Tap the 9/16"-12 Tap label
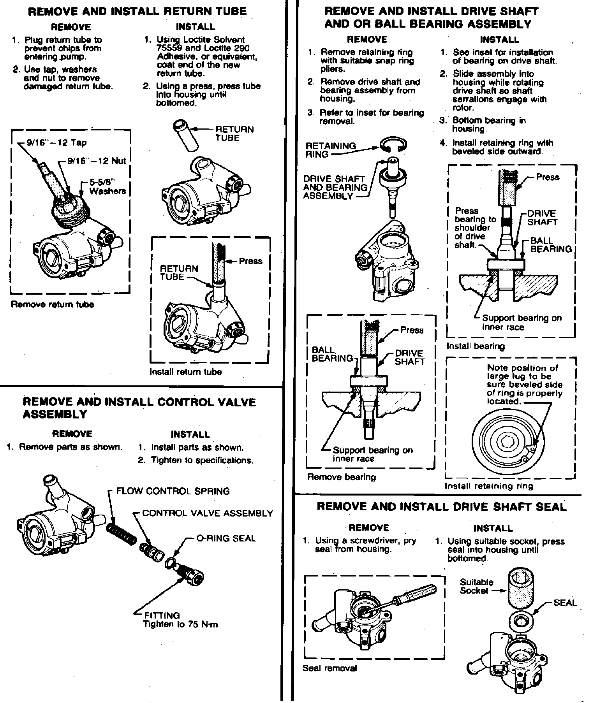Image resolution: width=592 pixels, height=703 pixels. click(56, 143)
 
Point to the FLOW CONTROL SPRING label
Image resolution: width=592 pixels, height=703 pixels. click(173, 491)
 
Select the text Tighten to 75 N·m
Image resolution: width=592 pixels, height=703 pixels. click(181, 624)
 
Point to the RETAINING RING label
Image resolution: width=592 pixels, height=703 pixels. click(331, 150)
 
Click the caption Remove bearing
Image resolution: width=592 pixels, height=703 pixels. click(342, 477)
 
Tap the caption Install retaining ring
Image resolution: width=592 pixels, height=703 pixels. click(489, 486)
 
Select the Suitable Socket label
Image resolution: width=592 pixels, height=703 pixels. click(476, 586)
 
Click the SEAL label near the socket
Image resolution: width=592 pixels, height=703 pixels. click(565, 603)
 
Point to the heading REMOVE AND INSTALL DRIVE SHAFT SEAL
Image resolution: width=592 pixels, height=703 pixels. click(442, 506)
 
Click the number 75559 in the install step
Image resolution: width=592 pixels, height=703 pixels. click(173, 48)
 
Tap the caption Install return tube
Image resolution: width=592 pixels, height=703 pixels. click(185, 372)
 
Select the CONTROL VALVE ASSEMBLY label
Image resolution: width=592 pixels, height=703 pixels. click(208, 513)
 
